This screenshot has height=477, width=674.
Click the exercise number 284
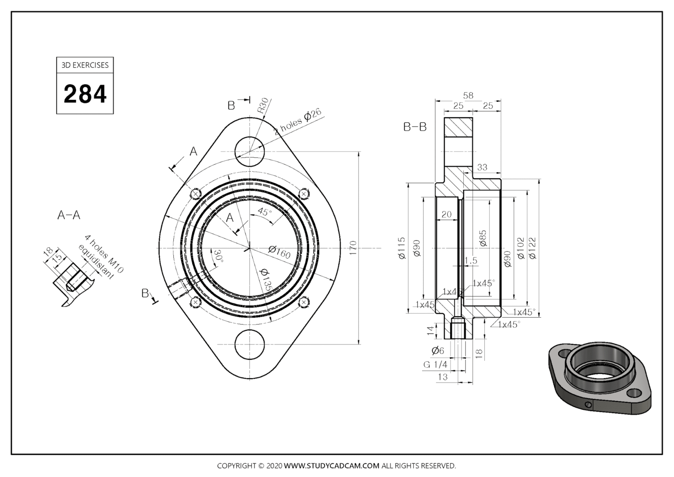85,94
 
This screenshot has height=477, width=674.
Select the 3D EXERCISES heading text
85,65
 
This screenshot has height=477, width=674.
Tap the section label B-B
415,127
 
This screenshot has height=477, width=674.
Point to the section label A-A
69,215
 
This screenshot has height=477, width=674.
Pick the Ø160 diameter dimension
280,253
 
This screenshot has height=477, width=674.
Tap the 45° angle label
265,212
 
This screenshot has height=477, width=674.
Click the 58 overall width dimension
468,95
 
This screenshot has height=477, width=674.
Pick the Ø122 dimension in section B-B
532,248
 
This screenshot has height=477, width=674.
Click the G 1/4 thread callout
435,365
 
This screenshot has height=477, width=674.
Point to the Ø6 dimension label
437,351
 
